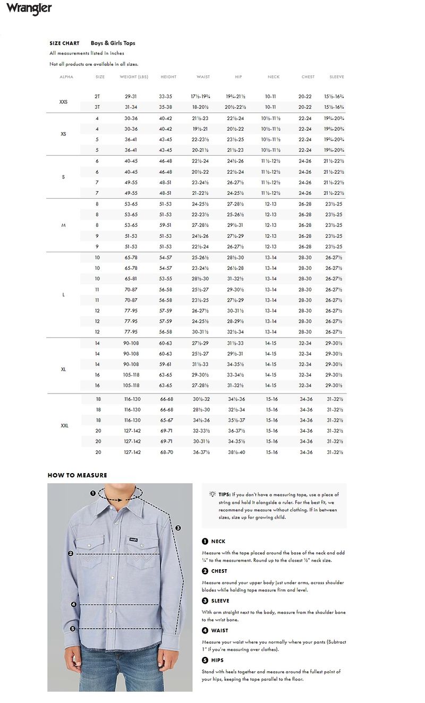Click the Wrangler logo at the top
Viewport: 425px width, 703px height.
coord(29,8)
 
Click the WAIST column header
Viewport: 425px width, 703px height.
coord(203,77)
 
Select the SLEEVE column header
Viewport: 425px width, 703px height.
coord(337,77)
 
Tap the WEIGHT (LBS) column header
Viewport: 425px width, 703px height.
coord(134,77)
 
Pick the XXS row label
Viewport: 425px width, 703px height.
coord(63,101)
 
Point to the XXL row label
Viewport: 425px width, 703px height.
coord(64,425)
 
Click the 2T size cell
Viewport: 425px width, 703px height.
coord(97,97)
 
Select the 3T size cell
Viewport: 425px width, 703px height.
coord(97,107)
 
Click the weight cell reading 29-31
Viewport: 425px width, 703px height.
coord(131,97)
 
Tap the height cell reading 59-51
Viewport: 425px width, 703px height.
coord(165,225)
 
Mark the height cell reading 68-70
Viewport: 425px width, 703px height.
coord(166,452)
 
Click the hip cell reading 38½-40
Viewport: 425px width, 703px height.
coord(236,452)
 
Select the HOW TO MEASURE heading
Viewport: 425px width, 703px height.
coord(77,475)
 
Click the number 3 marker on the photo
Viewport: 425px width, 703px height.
coord(178,528)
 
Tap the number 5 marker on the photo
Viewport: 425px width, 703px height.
coord(73,629)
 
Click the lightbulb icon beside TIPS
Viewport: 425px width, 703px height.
coord(212,494)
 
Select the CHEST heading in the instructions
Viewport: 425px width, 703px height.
coord(219,571)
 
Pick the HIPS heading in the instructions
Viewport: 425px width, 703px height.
coord(217,660)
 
